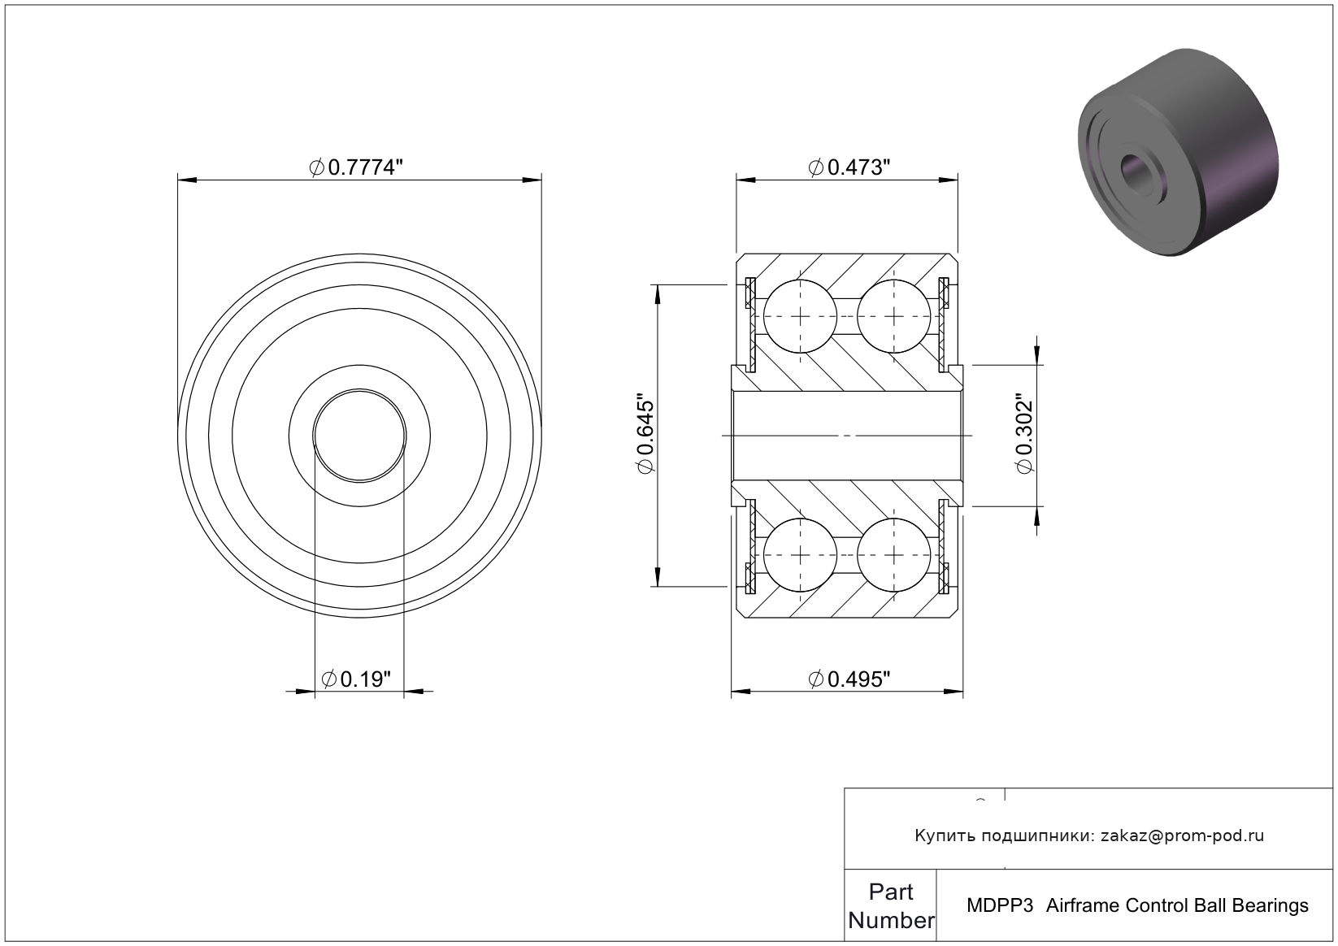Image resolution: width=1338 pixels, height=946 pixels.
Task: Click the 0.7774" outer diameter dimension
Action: pyautogui.click(x=356, y=167)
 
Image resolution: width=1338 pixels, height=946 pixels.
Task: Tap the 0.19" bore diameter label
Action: pyautogui.click(x=356, y=679)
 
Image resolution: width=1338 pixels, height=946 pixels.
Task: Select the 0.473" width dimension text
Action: pyautogui.click(x=849, y=167)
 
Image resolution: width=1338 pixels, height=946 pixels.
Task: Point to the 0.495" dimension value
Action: pyautogui.click(x=849, y=679)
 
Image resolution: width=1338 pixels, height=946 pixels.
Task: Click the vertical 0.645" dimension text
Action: pyautogui.click(x=645, y=433)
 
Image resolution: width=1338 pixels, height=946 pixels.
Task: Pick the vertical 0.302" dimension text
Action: pyautogui.click(x=1024, y=433)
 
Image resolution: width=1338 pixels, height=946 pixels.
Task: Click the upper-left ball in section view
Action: pyautogui.click(x=800, y=316)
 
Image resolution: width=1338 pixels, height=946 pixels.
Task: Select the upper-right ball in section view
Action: pyautogui.click(x=893, y=316)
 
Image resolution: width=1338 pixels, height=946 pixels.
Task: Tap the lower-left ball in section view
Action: pyautogui.click(x=800, y=555)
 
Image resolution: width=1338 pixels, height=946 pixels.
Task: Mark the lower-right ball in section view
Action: pyautogui.click(x=893, y=555)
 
